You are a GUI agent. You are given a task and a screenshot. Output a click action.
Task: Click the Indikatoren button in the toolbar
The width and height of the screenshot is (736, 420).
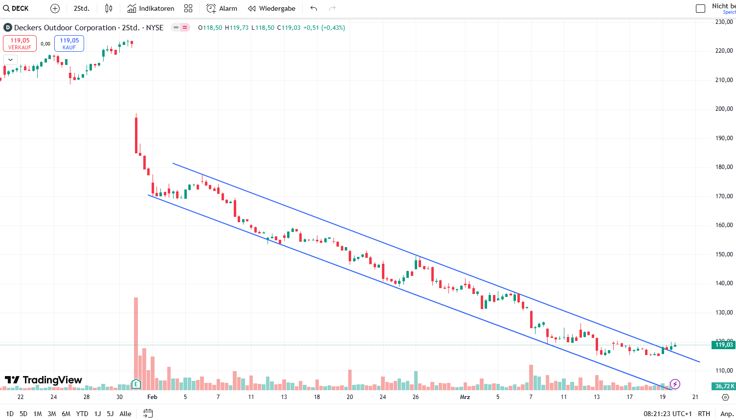click(151, 8)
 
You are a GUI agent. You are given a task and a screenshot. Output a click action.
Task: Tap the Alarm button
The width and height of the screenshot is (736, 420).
click(222, 8)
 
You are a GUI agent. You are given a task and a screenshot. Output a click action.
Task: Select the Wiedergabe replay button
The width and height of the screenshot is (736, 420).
click(271, 8)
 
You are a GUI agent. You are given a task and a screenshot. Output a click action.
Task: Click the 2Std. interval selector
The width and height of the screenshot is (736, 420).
click(81, 8)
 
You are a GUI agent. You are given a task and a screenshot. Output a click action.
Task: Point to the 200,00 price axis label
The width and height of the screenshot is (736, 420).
click(724, 109)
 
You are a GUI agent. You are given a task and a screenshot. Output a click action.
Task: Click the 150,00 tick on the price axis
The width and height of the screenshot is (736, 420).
click(724, 254)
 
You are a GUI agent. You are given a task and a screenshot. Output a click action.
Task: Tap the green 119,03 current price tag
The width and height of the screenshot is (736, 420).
click(724, 345)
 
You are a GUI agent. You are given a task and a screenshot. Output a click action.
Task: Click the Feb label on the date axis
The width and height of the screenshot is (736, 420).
click(153, 397)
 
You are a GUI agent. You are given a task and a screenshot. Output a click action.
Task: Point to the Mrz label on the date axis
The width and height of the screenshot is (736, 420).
click(465, 397)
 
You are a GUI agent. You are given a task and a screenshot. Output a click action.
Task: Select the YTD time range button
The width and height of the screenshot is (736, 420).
click(82, 414)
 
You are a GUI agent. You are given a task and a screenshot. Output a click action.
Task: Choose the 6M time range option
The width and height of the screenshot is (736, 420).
click(66, 414)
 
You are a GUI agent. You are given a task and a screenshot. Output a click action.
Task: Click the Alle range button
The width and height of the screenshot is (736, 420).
click(125, 414)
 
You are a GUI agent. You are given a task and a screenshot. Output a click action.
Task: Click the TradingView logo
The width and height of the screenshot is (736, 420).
click(43, 380)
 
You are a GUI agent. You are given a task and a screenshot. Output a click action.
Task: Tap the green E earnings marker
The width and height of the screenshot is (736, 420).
click(136, 384)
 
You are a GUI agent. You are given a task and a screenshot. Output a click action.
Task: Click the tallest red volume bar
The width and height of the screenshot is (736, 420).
click(136, 342)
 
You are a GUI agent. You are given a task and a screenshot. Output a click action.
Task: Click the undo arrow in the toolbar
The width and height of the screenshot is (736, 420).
click(314, 8)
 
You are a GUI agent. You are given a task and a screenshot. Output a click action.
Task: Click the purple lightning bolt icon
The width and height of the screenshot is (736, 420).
click(675, 384)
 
